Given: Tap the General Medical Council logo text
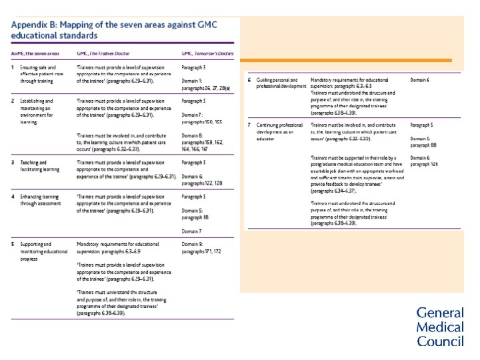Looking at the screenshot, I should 440,327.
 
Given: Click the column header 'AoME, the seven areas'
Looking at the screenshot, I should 33,53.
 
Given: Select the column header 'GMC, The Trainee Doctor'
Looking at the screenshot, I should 103,53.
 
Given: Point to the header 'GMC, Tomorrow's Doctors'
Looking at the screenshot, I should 207,53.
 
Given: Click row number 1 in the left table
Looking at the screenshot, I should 13,67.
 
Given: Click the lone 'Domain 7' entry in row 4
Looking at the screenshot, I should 193,231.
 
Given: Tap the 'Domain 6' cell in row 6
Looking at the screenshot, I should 420,80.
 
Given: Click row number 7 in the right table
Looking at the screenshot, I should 249,125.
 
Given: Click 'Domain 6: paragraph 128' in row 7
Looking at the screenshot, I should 425,161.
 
